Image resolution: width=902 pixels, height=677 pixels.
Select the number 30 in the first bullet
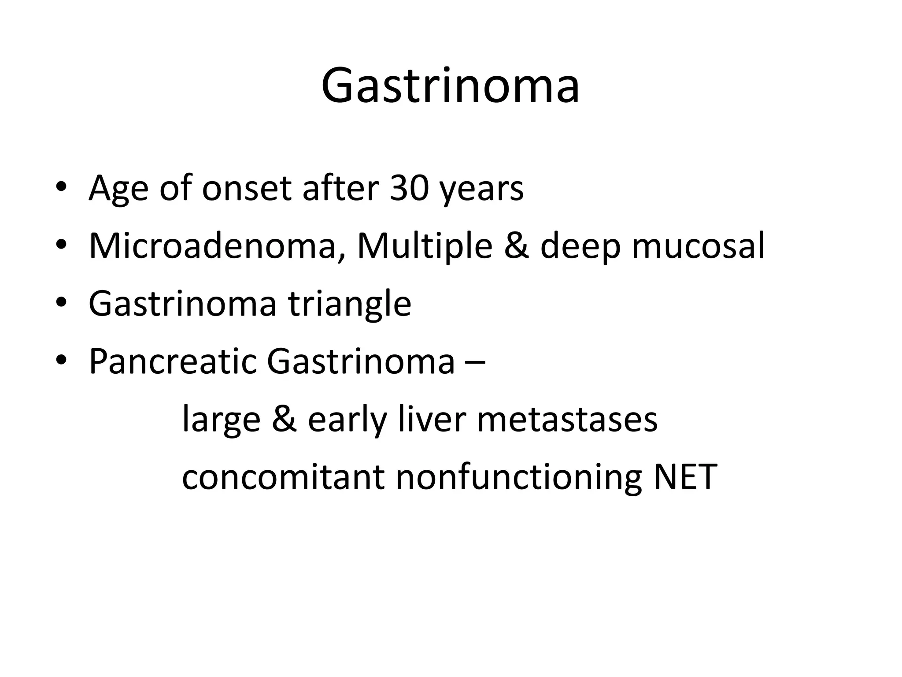[409, 188]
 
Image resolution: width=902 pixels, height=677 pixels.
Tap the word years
[482, 190]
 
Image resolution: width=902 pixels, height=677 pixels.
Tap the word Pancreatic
[172, 361]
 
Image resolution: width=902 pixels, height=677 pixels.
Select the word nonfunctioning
[519, 478]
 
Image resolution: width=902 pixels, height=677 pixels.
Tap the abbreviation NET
[686, 477]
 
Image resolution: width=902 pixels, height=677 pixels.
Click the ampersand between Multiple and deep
[516, 246]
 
